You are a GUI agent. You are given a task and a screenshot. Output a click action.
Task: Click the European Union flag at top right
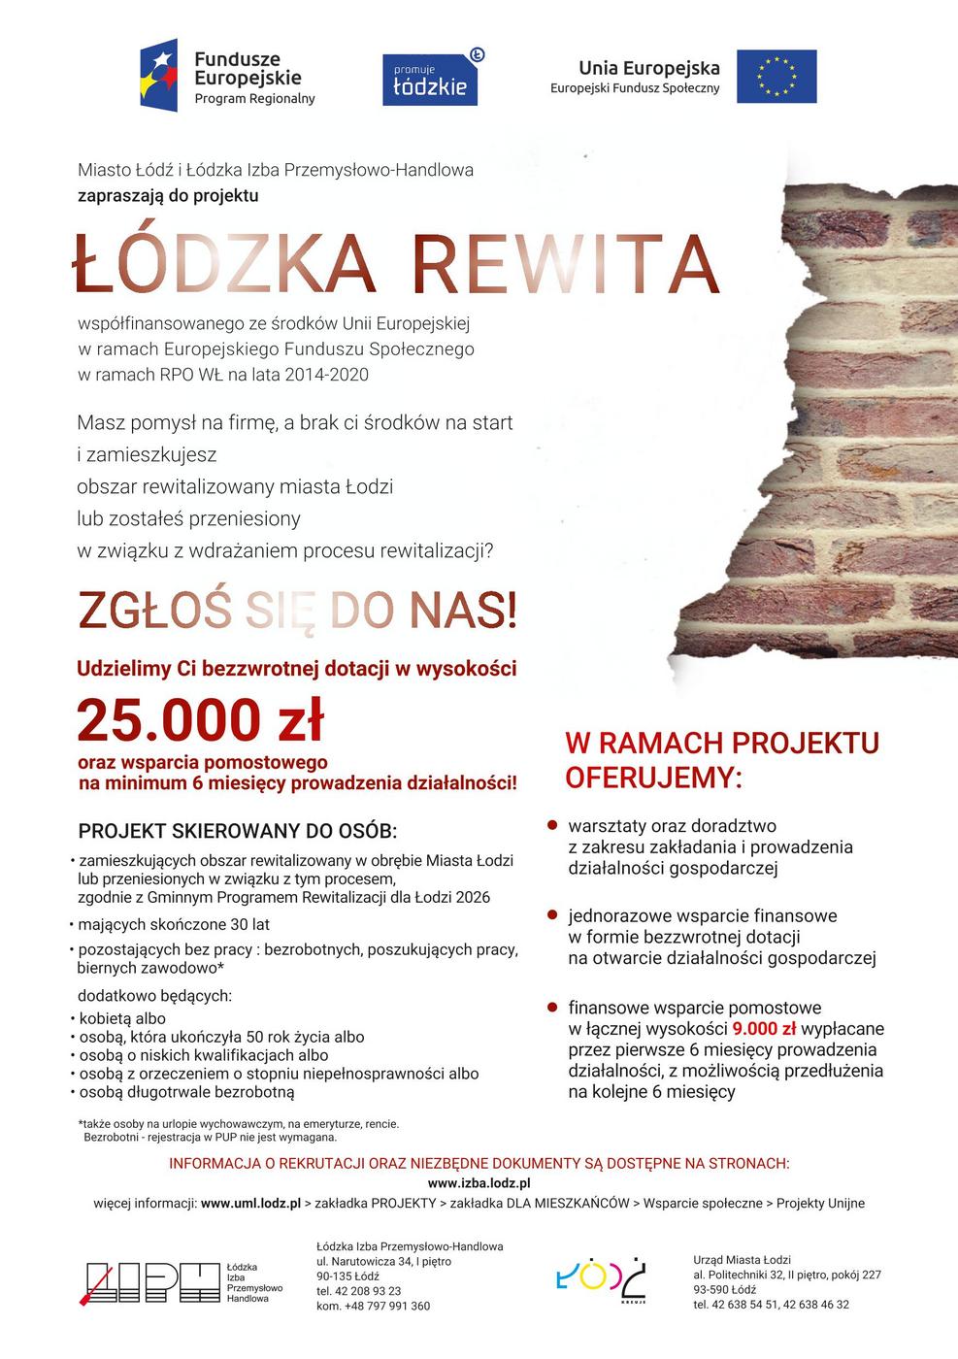tap(776, 77)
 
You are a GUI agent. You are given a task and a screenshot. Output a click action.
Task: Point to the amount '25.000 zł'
tap(200, 720)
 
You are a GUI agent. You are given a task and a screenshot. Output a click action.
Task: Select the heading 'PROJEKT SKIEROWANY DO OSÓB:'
tap(238, 832)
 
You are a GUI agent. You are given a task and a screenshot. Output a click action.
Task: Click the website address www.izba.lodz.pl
tap(479, 1182)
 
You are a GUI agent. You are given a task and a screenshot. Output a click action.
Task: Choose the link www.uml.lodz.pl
tap(250, 1204)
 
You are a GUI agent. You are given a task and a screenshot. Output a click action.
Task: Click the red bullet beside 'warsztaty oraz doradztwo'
tap(552, 826)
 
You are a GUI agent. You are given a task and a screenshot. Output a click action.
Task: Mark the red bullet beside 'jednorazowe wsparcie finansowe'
tap(552, 915)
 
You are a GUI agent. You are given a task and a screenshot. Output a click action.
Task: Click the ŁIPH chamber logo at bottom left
tap(153, 1282)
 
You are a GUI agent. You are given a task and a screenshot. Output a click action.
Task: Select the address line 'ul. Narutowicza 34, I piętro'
tap(383, 1261)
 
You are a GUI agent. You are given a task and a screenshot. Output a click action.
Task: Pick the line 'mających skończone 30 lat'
tap(174, 924)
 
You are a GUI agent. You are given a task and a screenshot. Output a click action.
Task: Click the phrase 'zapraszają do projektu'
tap(168, 195)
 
